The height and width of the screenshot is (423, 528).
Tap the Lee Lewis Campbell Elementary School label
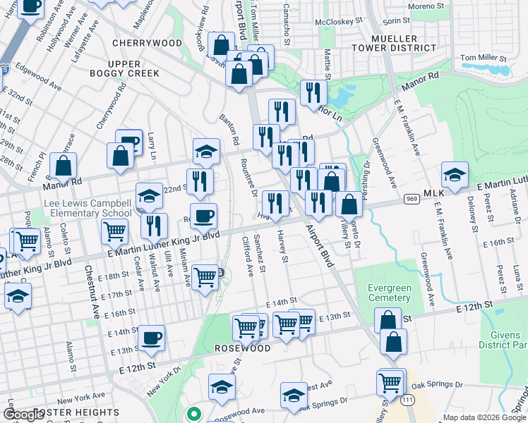[88, 208]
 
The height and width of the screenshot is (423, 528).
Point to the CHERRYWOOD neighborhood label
[147, 43]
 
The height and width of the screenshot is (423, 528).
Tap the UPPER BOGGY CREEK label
[124, 68]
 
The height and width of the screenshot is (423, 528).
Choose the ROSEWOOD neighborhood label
[244, 348]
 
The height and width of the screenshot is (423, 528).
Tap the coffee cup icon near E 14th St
[151, 338]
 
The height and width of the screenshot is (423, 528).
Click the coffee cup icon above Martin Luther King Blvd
[203, 216]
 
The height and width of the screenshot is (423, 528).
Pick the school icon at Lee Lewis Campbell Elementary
[149, 196]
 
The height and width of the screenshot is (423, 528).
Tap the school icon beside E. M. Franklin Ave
[455, 175]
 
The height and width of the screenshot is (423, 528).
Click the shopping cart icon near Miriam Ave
[205, 276]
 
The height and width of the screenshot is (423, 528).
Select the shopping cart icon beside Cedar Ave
[114, 230]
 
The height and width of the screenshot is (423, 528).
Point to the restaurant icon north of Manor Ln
[312, 92]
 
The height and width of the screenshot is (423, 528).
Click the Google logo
[24, 414]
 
